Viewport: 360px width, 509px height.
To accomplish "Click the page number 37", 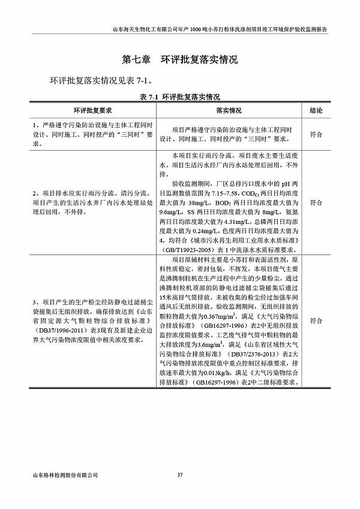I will coord(179,475).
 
